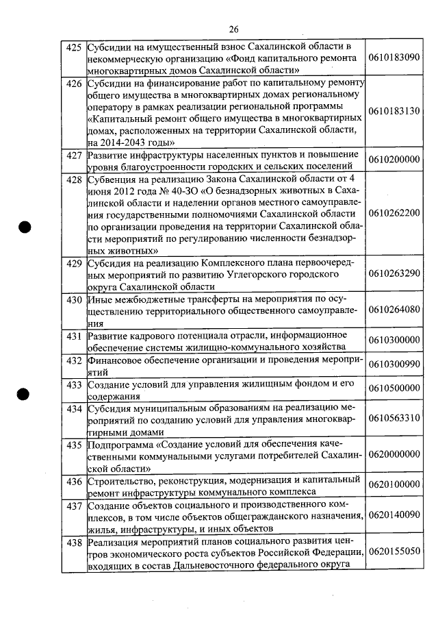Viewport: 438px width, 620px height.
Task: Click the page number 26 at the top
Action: click(233, 29)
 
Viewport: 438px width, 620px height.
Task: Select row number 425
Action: click(73, 48)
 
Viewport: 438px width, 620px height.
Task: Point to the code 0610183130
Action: click(394, 111)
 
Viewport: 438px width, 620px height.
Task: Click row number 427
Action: click(73, 155)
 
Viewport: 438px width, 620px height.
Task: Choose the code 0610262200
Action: click(394, 212)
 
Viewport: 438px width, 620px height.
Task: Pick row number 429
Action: click(73, 263)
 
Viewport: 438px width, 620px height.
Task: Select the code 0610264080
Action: click(394, 310)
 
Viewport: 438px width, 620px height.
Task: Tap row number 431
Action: click(73, 336)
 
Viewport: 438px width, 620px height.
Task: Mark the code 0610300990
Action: click(394, 364)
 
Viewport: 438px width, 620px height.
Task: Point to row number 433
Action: click(73, 384)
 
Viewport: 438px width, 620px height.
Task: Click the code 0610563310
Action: click(394, 418)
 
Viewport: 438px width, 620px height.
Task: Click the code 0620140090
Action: click(394, 514)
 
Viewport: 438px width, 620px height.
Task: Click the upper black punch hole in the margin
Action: click(26, 229)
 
